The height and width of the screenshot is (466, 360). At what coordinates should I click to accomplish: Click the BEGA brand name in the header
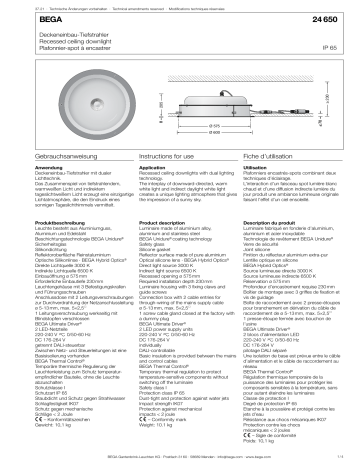click(19, 20)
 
